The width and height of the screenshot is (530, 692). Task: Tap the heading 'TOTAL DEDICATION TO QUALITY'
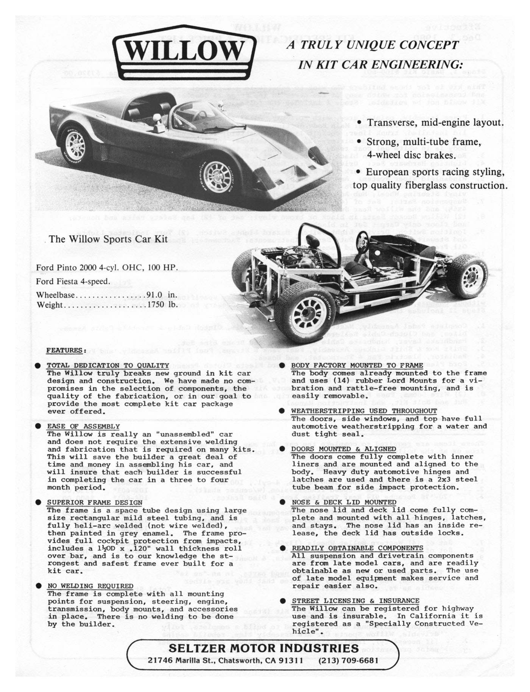pos(108,365)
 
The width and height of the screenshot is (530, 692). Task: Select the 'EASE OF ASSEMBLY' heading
pos(83,426)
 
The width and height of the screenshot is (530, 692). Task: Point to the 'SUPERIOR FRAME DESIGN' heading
pos(94,503)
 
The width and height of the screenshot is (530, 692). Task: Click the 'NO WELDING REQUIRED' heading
pos(90,586)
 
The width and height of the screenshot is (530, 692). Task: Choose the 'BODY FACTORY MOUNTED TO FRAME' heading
pos(357,365)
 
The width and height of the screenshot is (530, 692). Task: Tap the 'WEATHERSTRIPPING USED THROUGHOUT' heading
pos(364,411)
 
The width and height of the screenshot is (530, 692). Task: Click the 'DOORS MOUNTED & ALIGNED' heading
pos(344,449)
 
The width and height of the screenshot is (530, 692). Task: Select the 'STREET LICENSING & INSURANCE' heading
pos(355,601)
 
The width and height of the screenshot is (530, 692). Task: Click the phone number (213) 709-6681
pos(349,660)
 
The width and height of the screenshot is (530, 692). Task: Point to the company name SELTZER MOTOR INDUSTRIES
pos(263,648)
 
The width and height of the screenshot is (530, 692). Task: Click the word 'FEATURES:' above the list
pos(64,350)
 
